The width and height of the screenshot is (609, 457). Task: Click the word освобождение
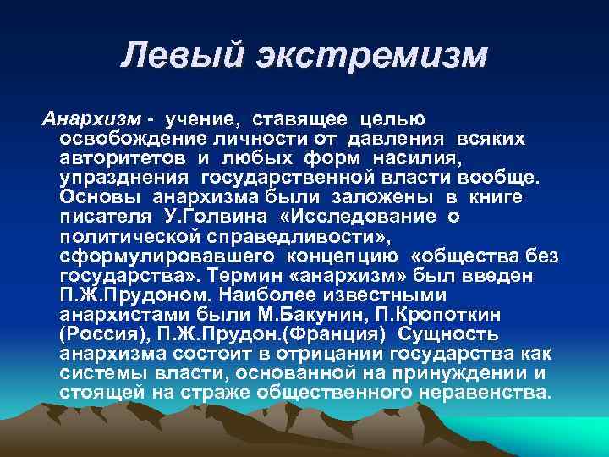click(128, 138)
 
